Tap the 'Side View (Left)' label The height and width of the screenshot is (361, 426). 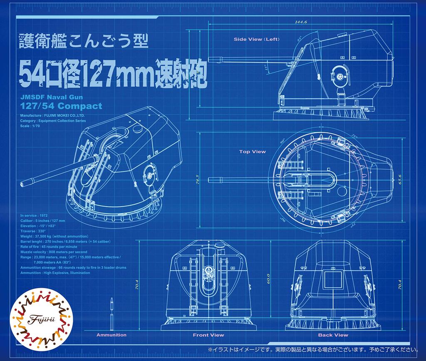(x=256, y=39)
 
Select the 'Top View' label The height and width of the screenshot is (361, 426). (x=252, y=152)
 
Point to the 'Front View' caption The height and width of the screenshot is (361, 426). (x=208, y=335)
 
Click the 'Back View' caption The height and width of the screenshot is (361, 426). (x=333, y=335)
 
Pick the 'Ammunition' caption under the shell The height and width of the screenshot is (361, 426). (x=111, y=335)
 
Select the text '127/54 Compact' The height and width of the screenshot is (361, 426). (x=61, y=106)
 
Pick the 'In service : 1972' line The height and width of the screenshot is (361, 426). (x=34, y=215)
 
